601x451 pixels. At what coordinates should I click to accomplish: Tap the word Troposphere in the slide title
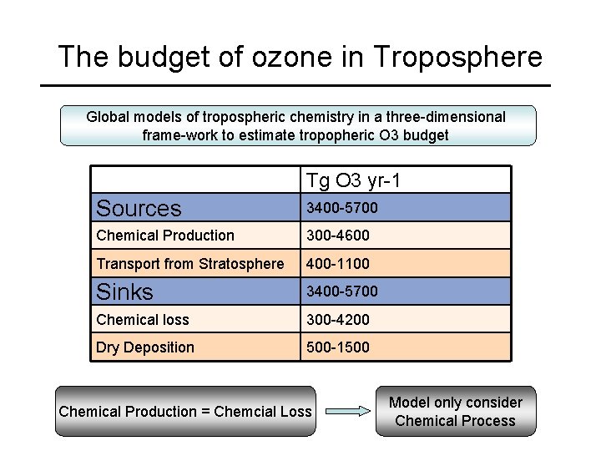tap(458, 57)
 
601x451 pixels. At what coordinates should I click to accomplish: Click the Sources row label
tap(139, 208)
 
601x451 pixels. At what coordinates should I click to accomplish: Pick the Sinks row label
tap(125, 291)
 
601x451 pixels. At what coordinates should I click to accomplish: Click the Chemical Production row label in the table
tap(165, 236)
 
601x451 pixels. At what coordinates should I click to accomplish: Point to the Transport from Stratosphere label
tap(190, 264)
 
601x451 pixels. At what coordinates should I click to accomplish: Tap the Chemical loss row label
tap(143, 320)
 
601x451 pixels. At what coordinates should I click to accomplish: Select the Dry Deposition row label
tap(145, 347)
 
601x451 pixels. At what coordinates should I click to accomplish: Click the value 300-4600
tap(338, 236)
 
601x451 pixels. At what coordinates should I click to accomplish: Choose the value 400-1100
tap(338, 264)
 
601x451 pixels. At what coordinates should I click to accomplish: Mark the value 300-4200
tap(338, 320)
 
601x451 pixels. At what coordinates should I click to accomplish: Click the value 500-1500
tap(338, 347)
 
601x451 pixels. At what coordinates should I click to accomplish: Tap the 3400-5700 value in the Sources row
tap(342, 208)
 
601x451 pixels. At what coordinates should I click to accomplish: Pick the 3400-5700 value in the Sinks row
tap(342, 291)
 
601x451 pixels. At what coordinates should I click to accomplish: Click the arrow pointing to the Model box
tap(346, 411)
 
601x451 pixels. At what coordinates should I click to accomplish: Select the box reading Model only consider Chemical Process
tap(455, 412)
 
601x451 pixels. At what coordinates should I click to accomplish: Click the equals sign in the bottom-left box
tap(205, 411)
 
